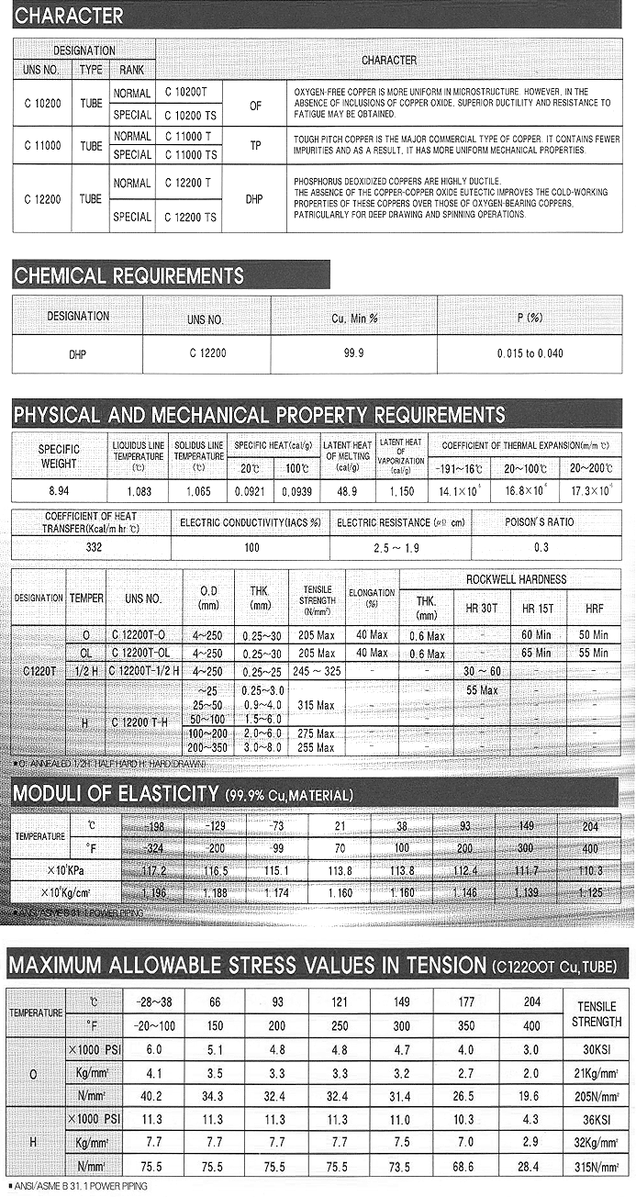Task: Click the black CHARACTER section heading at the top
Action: pos(69,16)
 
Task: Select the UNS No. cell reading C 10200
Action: pos(42,104)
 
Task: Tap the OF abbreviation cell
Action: pos(255,106)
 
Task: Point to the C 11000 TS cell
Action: pos(191,155)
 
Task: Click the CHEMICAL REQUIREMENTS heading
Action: pos(129,275)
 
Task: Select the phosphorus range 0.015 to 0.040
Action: pos(530,353)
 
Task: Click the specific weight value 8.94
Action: pos(59,491)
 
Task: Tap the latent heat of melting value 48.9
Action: pos(347,491)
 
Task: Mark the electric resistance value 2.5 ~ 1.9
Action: pos(400,548)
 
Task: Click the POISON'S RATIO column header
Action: pos(540,522)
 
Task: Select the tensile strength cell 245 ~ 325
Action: pos(316,671)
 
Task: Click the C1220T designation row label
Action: pos(37,671)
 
